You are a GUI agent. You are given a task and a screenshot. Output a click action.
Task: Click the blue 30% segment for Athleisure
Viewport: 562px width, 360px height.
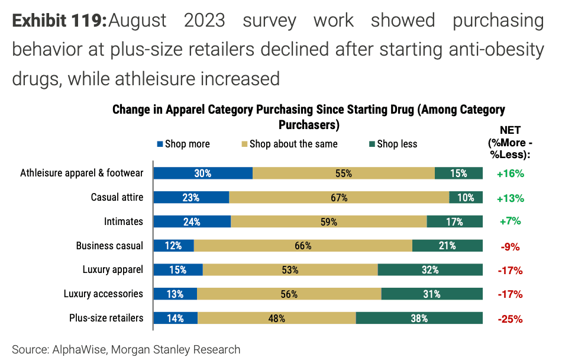(203, 173)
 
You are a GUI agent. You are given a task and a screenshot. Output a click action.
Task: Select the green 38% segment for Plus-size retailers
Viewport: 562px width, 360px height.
(419, 318)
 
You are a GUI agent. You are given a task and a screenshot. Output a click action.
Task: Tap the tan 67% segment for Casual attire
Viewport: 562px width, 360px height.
(339, 197)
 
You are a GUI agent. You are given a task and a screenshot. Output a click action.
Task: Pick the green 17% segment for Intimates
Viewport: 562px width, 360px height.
(454, 221)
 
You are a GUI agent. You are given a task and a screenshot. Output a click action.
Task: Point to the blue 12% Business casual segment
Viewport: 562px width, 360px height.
(173, 246)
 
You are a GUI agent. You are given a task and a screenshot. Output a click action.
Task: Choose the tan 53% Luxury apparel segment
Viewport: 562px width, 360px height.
(290, 269)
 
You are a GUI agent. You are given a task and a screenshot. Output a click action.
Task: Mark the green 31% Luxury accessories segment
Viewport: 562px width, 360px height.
(431, 294)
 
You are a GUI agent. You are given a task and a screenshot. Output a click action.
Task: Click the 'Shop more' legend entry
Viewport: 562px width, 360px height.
(183, 144)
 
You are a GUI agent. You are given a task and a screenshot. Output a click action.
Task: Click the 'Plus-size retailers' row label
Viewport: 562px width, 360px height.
(106, 318)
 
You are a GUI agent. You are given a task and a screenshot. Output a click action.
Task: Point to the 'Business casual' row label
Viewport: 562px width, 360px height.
(109, 246)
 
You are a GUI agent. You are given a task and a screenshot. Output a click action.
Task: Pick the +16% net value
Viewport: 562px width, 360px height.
(511, 173)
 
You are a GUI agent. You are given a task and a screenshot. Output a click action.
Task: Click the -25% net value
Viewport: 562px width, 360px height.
(510, 319)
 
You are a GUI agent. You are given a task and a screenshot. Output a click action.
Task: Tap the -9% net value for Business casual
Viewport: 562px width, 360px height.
(510, 246)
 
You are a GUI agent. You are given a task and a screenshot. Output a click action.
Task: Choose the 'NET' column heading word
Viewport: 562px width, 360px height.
(510, 130)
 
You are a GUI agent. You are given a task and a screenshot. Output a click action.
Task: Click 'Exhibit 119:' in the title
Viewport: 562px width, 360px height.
(59, 21)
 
